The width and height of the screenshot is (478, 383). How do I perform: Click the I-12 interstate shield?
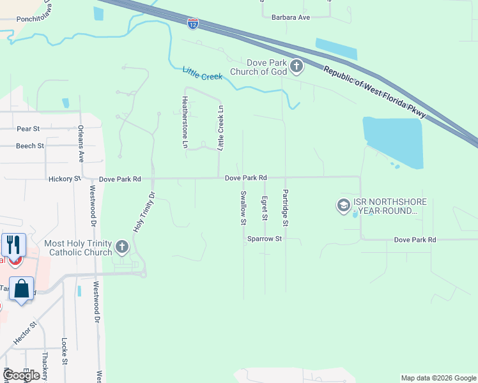193,24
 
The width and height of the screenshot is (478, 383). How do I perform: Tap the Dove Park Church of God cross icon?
296,65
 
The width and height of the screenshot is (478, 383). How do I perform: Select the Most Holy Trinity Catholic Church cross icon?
121,247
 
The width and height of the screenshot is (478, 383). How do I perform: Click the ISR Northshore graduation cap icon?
343,205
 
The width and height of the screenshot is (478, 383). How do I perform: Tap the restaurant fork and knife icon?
13,244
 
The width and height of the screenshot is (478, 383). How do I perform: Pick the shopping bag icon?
21,289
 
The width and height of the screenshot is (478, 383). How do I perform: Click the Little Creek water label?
203,74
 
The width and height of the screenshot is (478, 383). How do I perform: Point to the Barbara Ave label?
290,17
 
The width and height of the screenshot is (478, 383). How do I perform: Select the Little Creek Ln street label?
221,128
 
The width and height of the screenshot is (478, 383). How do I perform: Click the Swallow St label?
243,208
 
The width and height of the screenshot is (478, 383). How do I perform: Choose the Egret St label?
264,209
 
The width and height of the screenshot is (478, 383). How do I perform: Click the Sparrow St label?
265,239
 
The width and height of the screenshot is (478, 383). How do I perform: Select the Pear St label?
28,128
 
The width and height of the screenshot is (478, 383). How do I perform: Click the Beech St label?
30,146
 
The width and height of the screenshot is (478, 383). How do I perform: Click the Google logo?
21,375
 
